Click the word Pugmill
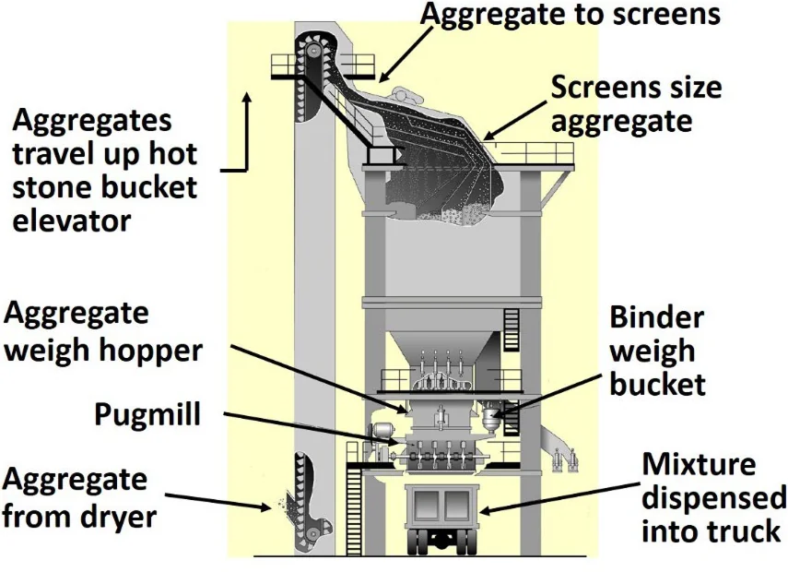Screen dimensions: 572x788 147,414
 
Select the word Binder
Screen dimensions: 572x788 656,317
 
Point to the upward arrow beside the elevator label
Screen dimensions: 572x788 247,129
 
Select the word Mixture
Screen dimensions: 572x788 698,464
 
